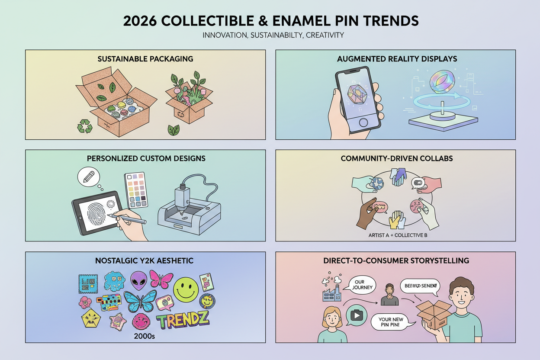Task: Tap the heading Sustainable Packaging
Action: pos(145,58)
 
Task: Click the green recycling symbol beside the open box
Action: pos(84,126)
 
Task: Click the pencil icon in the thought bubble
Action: pos(88,177)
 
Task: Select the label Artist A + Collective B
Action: pos(395,235)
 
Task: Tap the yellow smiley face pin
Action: pos(186,287)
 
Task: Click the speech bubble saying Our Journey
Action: pos(359,285)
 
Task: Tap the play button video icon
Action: pos(356,315)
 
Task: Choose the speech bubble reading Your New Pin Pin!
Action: pos(391,323)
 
